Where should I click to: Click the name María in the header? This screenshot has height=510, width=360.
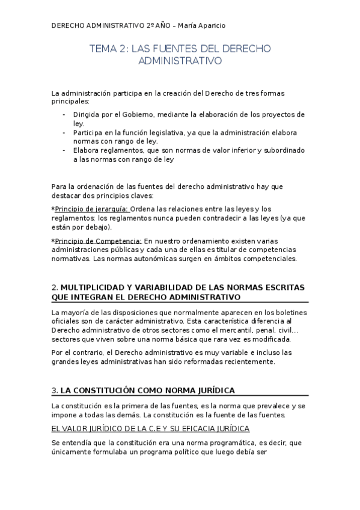[x=183, y=26]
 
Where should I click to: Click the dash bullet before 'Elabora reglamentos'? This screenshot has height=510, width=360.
[x=64, y=150]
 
